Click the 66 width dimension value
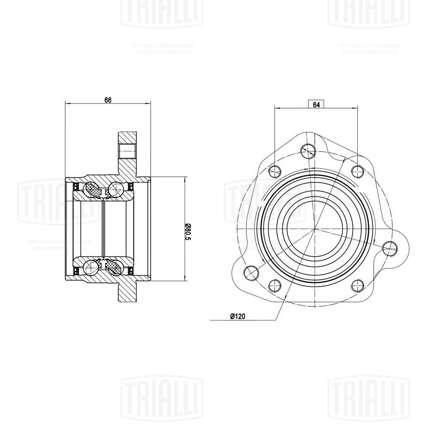108,100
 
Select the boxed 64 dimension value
316,104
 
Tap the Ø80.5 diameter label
188,232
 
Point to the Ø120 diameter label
237,317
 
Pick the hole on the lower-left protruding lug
249,272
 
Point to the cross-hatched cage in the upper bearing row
94,190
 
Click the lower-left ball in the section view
91,268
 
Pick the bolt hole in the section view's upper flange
127,151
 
